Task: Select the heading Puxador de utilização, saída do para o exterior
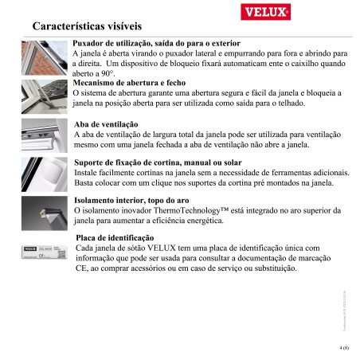pyautogui.click(x=156, y=41)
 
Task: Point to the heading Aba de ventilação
pyautogui.click(x=106, y=126)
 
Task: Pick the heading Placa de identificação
pyautogui.click(x=113, y=238)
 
